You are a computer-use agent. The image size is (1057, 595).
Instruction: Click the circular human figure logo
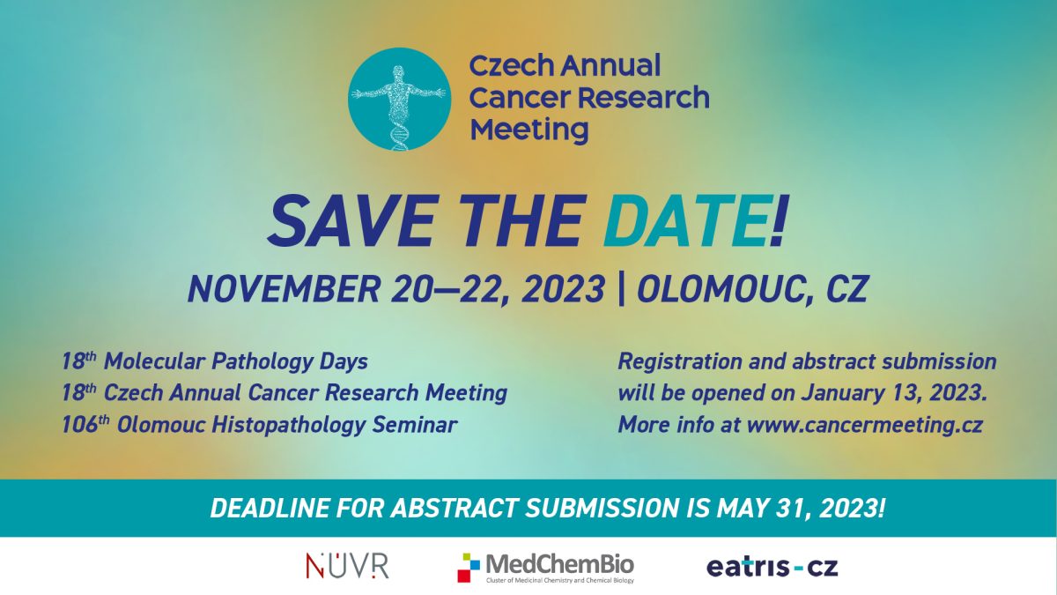coord(399,99)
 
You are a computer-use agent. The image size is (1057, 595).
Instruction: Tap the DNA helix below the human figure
coord(398,135)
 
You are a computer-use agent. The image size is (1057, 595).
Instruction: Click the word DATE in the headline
coord(685,221)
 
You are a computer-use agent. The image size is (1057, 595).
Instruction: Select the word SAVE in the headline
coord(351,221)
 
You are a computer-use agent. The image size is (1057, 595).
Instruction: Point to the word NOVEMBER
coord(284,289)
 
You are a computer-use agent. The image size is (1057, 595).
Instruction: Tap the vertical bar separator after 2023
coord(620,289)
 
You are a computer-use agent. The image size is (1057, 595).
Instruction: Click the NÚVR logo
coord(347,566)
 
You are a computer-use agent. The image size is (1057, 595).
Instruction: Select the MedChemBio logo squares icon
coord(469,568)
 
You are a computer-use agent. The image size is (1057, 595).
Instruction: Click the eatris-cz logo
coord(772,567)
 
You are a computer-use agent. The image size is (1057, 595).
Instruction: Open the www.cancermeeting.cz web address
coord(865,425)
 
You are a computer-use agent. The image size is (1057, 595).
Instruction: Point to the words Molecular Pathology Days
coord(235,362)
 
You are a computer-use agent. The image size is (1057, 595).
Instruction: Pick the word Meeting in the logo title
coord(529,130)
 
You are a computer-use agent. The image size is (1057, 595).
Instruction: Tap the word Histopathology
coord(288,425)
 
